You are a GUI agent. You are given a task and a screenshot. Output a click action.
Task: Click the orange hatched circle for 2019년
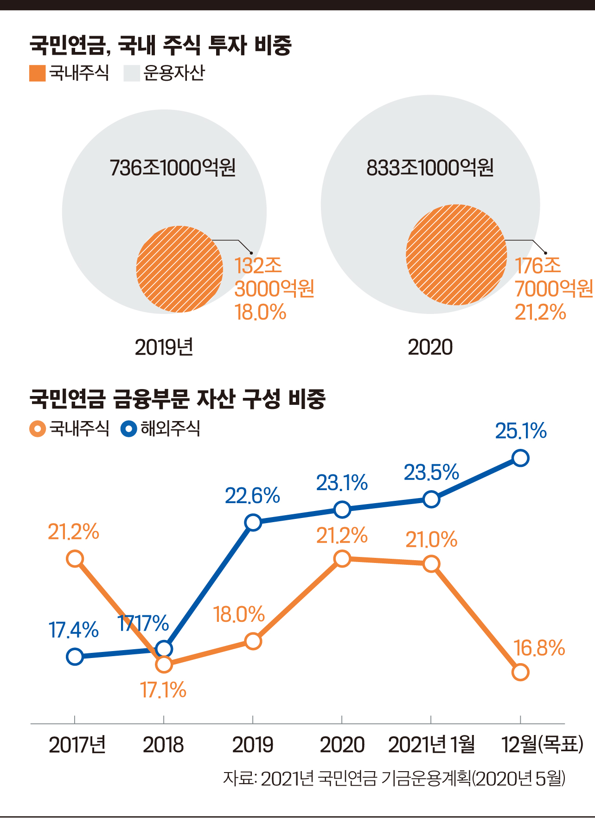coord(180,269)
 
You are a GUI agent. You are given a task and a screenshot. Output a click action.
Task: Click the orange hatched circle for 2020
coord(456,255)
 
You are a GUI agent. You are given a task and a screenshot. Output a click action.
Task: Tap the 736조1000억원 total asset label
coord(173,168)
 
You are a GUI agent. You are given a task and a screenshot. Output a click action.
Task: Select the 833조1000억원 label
coord(430,168)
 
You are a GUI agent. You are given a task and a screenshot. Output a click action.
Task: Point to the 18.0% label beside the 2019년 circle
coord(260,313)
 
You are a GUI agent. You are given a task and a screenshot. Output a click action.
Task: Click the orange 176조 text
coord(538,266)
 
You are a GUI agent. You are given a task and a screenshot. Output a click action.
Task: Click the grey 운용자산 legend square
coord(132,73)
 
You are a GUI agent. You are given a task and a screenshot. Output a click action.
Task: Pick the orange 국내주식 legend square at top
coord(37,73)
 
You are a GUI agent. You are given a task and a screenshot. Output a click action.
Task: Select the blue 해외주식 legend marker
coord(129,428)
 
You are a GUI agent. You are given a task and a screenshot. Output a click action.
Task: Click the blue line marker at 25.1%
coord(520,458)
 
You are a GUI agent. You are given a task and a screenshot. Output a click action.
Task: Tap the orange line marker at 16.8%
coord(520,672)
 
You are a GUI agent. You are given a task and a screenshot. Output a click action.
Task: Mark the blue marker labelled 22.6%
coord(253,523)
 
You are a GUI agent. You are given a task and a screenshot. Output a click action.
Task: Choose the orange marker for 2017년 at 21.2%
coord(75,559)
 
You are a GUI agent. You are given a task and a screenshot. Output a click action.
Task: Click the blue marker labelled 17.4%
coord(75,657)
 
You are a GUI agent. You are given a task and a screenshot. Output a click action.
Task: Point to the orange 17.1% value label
coord(163,690)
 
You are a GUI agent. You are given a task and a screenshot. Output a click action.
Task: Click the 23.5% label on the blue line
coord(431,473)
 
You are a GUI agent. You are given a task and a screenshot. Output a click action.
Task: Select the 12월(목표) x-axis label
coord(542,745)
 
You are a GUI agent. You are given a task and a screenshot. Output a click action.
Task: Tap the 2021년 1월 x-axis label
coord(431,745)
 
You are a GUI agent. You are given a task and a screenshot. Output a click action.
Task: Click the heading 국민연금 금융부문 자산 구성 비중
coord(178,399)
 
